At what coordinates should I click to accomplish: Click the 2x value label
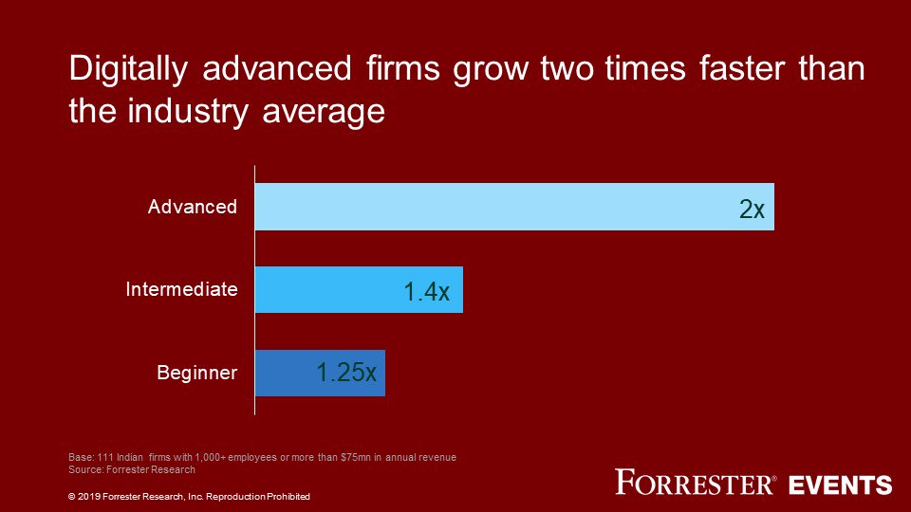(x=752, y=210)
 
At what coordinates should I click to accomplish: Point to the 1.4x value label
(x=426, y=292)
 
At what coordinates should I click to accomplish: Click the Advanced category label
(x=193, y=207)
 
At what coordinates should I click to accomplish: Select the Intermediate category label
(x=181, y=289)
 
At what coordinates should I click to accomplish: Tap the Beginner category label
(x=196, y=373)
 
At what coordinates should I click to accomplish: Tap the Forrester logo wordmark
(x=695, y=483)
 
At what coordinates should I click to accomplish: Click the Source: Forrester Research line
(x=132, y=469)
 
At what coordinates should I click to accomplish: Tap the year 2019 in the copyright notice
(x=89, y=497)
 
